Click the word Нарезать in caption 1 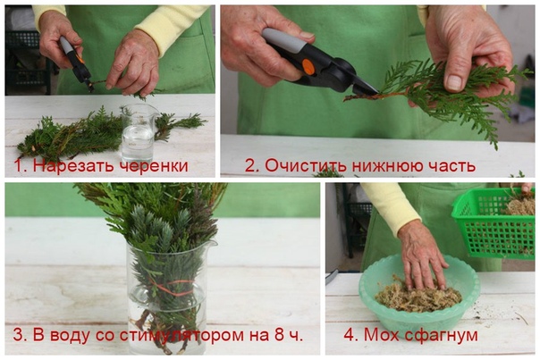[72, 165]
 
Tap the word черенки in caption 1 [153, 165]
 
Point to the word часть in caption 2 [453, 166]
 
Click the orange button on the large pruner [308, 67]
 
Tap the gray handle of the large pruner [284, 40]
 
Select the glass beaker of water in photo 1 [139, 133]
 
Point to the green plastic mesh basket [494, 222]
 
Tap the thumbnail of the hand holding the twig [454, 82]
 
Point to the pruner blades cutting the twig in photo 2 [367, 88]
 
